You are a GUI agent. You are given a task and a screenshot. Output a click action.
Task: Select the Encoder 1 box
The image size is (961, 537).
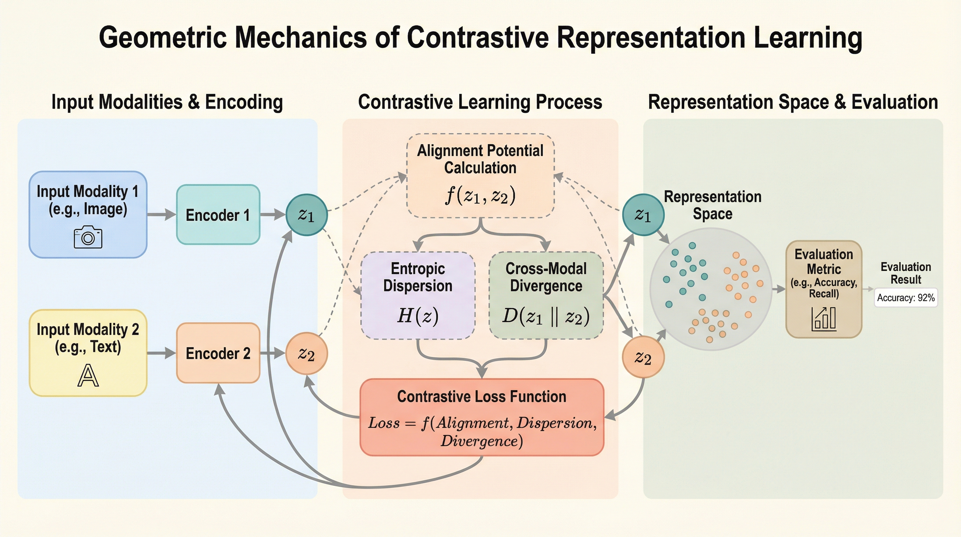coord(218,215)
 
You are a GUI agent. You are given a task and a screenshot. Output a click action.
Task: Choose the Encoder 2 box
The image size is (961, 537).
coord(218,353)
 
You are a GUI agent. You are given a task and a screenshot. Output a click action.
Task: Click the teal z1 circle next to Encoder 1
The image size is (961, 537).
coord(307,215)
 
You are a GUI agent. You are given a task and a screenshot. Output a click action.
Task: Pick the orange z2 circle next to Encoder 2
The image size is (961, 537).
coord(307,353)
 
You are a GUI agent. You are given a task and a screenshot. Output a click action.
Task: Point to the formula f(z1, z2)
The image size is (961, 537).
coord(480,195)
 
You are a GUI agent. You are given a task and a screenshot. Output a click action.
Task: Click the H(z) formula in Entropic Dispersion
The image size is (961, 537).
coord(418,316)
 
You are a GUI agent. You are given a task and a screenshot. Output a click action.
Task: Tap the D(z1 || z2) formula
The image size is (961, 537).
coord(546,316)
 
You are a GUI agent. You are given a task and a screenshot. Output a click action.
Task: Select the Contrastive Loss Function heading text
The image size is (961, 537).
coord(482,396)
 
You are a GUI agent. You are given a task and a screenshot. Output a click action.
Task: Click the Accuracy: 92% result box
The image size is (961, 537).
coord(906,298)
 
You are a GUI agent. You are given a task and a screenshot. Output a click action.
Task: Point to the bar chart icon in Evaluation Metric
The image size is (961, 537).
coord(824,319)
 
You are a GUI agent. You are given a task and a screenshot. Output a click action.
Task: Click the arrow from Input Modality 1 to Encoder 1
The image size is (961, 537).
coord(162,215)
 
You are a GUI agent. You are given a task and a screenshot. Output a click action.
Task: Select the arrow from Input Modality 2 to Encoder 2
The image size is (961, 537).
coord(162,353)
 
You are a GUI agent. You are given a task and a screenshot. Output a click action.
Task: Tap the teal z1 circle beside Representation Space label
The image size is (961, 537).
coord(643,215)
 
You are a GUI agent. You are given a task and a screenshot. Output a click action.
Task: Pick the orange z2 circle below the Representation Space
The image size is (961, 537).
coord(643,357)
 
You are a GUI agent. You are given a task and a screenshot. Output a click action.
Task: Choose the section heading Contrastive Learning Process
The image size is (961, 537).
coord(480,102)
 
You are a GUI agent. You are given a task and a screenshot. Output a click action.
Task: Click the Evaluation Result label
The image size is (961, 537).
coord(906,273)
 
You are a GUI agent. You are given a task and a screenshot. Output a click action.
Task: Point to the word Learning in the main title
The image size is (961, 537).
coord(808,37)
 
